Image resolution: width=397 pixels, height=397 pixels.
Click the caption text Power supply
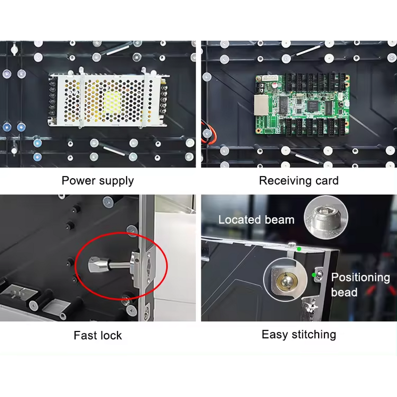98,180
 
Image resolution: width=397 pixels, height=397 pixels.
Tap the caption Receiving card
299,180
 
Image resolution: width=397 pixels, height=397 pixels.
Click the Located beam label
256,219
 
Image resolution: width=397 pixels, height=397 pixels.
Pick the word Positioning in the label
361,277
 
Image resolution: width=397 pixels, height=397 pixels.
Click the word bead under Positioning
344,292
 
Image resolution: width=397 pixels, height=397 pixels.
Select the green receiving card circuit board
303,105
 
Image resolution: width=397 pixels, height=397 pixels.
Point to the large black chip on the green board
314,105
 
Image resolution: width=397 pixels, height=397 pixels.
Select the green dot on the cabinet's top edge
298,249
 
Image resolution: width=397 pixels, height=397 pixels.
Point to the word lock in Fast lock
111,335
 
